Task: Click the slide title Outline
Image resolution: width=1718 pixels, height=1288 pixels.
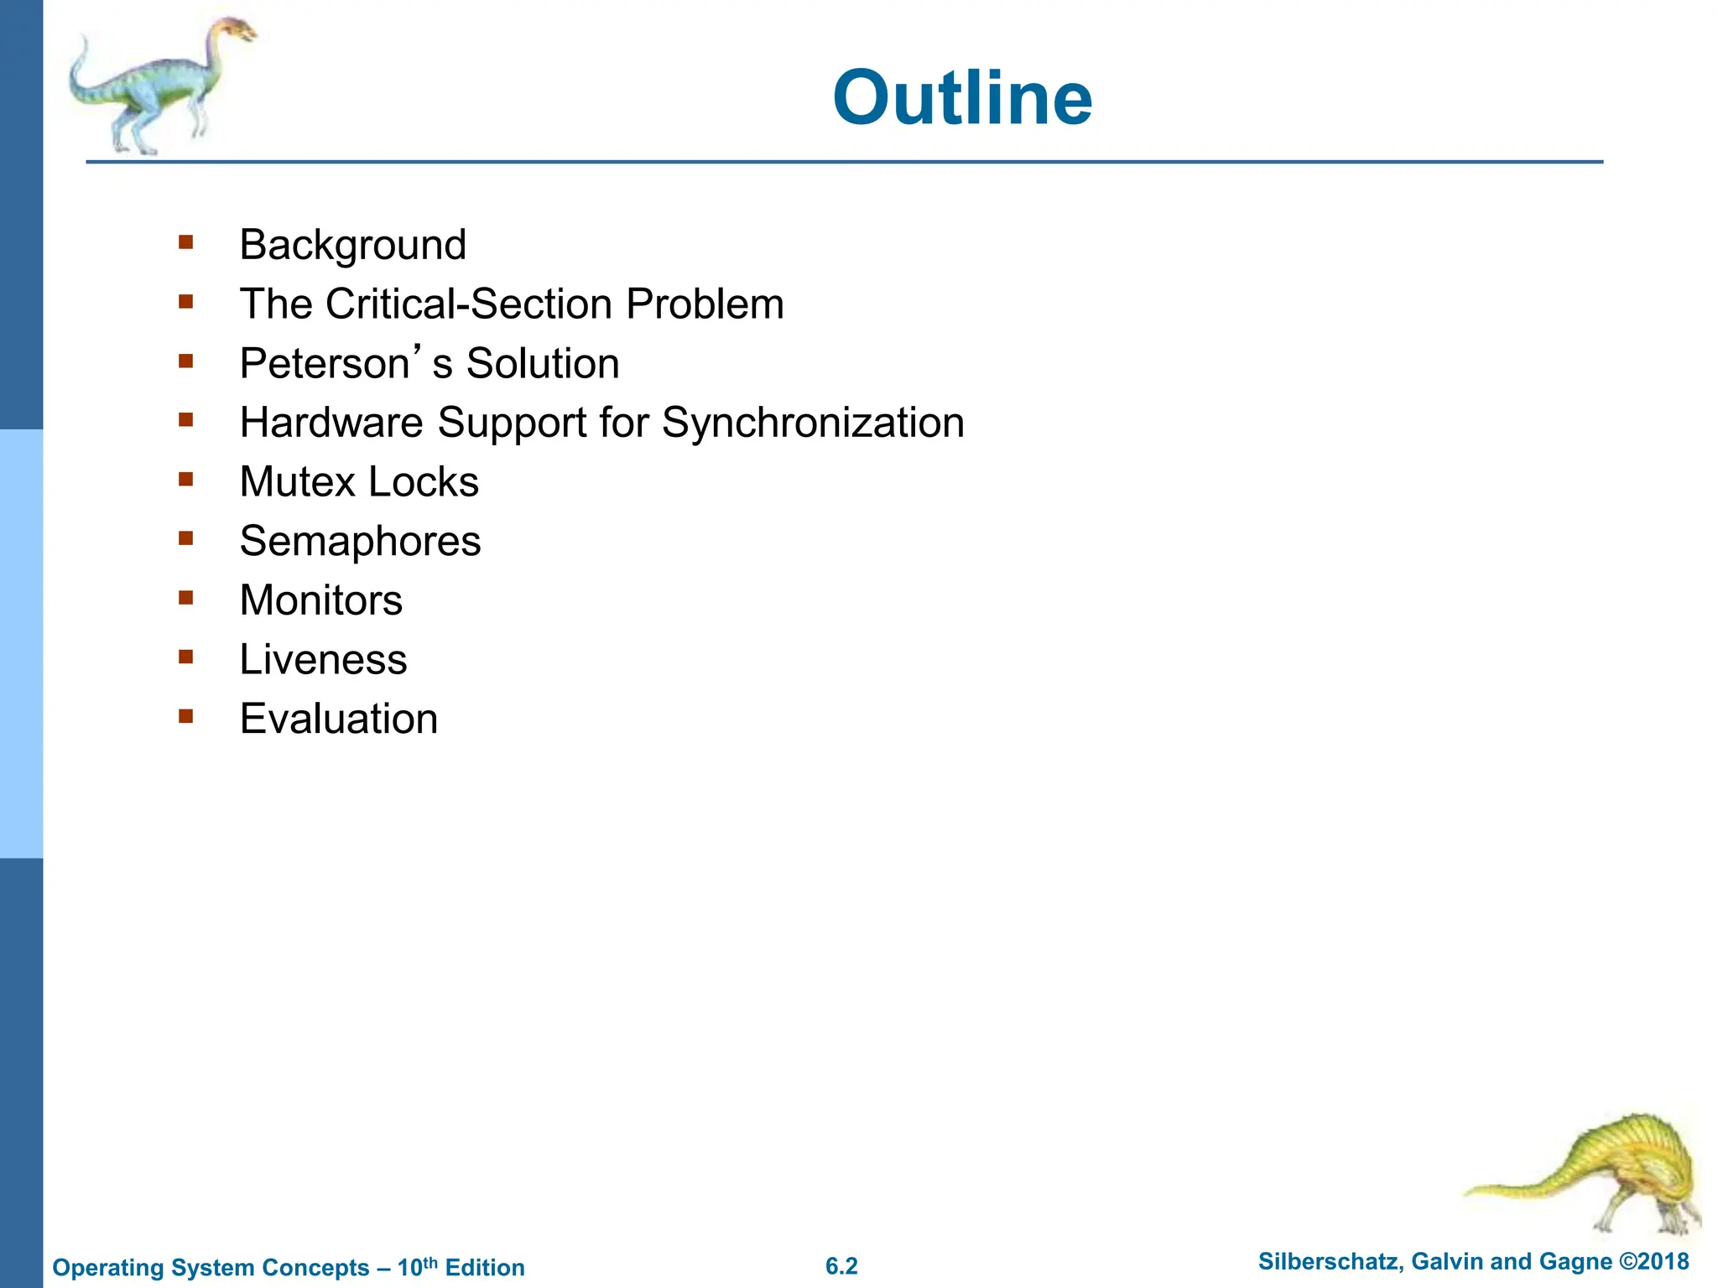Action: (x=961, y=99)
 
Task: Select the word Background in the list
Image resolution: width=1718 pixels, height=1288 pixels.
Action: (x=352, y=246)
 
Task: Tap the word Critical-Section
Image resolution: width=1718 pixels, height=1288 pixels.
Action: (x=470, y=304)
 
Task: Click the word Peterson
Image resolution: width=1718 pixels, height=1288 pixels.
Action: (x=324, y=364)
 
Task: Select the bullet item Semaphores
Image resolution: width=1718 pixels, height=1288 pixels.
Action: (x=360, y=542)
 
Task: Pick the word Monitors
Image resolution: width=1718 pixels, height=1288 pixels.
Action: (x=320, y=600)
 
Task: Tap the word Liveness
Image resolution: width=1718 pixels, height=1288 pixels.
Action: (x=323, y=660)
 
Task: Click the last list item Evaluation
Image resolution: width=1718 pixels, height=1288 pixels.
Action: (x=338, y=719)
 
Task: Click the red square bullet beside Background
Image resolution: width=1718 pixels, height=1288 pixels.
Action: (x=186, y=243)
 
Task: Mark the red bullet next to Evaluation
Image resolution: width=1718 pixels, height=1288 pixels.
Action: (x=186, y=717)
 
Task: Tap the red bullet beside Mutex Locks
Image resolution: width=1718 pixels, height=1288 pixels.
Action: (x=186, y=480)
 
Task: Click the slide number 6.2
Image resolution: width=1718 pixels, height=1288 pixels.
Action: (x=841, y=1266)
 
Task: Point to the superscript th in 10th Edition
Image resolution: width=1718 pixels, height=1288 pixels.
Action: (x=430, y=1261)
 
